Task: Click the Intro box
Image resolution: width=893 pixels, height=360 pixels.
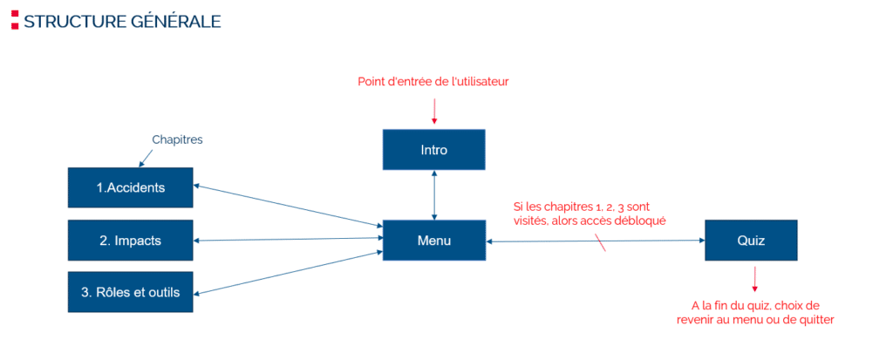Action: [x=433, y=150]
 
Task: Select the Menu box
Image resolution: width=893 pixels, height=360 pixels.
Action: [x=433, y=241]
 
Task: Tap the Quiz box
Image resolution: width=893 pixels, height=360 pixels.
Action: [x=750, y=240]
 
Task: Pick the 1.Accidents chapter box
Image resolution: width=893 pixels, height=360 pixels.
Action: [x=131, y=187]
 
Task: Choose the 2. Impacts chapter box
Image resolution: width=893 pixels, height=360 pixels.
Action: [x=131, y=240]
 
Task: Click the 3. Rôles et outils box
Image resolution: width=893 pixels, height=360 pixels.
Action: [x=131, y=292]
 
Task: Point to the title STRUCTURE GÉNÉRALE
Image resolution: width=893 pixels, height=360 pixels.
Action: [x=122, y=21]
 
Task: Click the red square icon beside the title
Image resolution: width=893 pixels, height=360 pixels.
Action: [x=15, y=20]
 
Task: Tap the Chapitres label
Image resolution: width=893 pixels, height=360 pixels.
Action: [x=177, y=139]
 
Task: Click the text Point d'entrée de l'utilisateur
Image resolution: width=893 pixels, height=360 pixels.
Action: [x=433, y=82]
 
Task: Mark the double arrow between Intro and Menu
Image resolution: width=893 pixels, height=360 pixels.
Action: [x=433, y=195]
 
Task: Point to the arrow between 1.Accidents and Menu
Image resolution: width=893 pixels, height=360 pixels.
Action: [x=288, y=206]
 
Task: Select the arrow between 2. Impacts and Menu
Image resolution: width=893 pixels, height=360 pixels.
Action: [x=288, y=238]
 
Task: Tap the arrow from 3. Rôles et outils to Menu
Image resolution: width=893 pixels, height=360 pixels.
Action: [x=288, y=272]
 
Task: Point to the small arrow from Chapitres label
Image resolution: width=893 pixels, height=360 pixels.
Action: [x=143, y=157]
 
